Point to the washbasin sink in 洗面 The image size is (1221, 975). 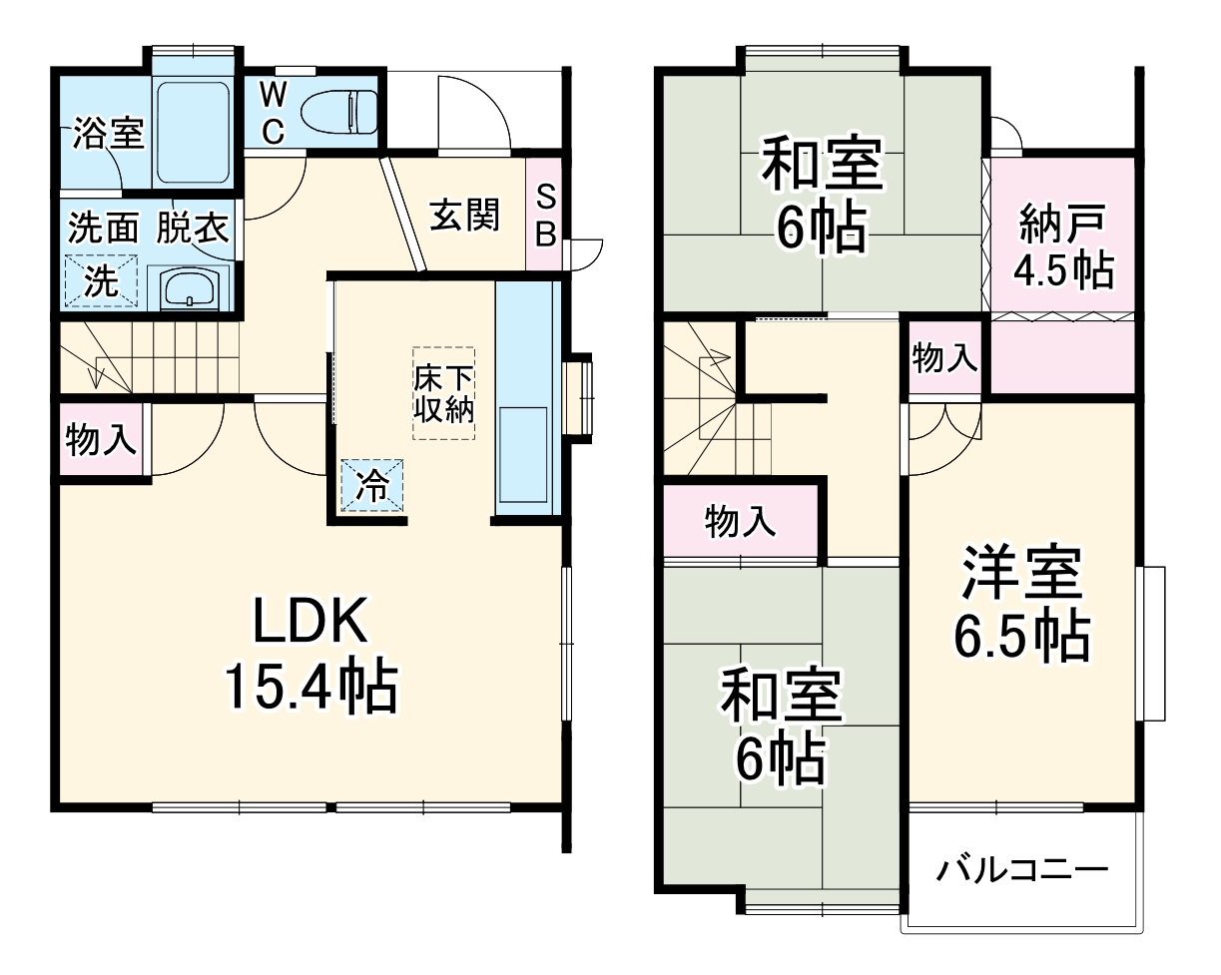click(x=189, y=290)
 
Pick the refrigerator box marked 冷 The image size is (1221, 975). click(x=373, y=486)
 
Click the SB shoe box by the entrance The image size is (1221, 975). click(x=545, y=215)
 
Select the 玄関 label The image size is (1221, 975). click(x=465, y=215)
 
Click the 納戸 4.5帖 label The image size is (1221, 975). click(x=1063, y=244)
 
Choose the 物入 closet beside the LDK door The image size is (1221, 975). click(x=101, y=440)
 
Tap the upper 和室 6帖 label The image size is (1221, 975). click(x=822, y=196)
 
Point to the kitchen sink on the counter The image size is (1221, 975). click(x=522, y=455)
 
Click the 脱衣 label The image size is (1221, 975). click(x=193, y=229)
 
